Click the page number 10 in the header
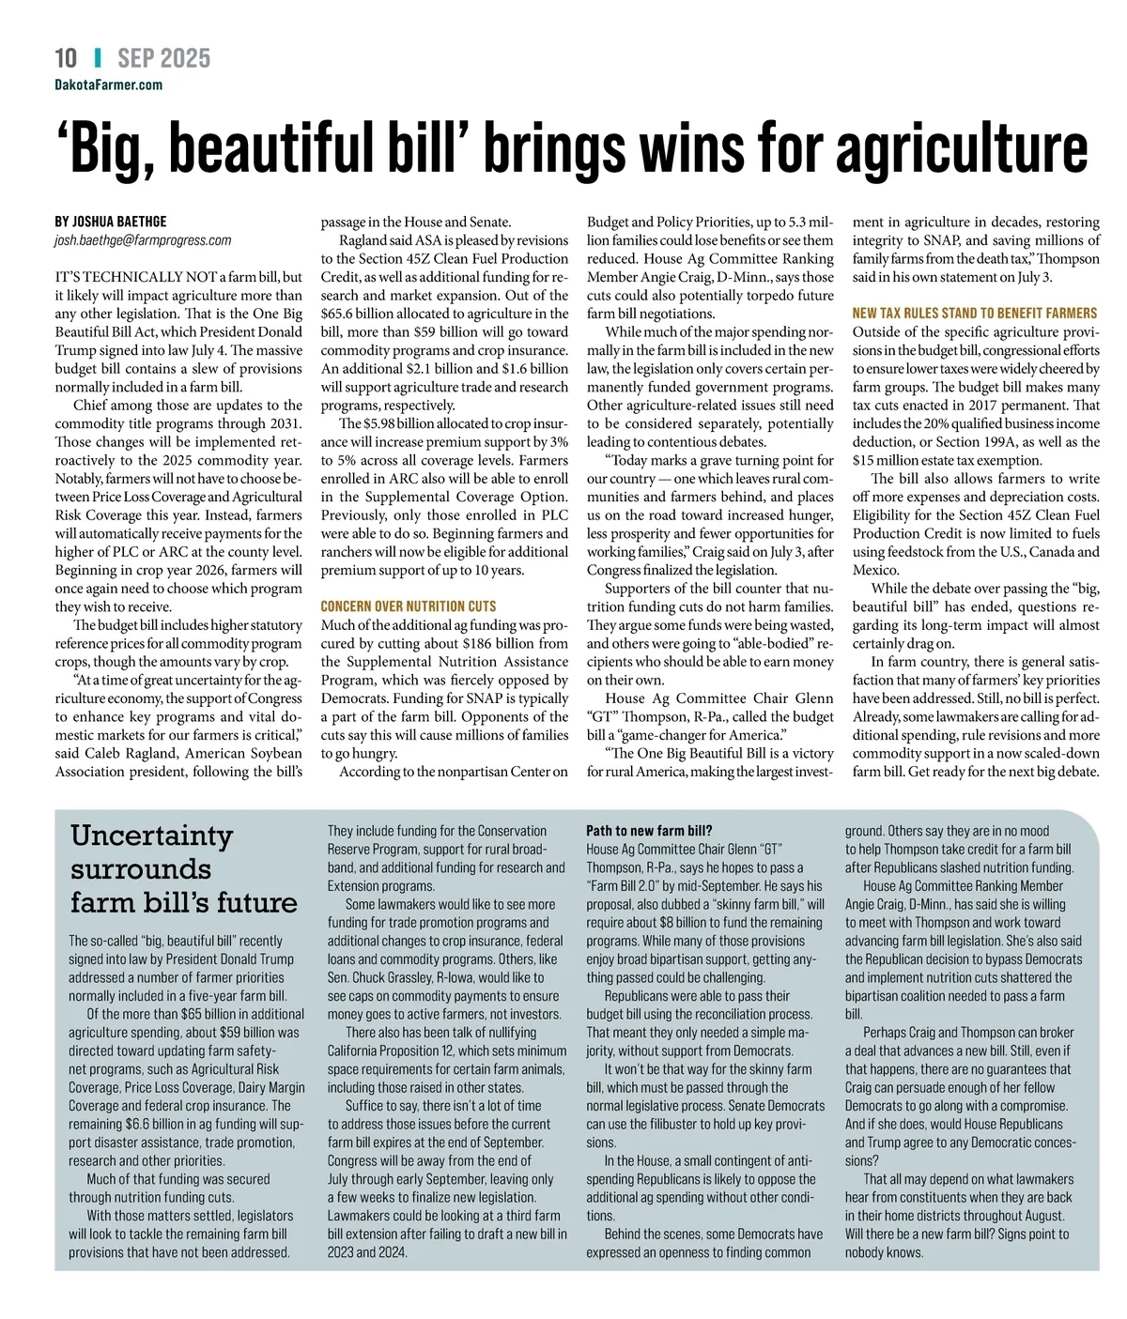tap(66, 58)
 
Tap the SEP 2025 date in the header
tap(164, 58)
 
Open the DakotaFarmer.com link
tap(108, 84)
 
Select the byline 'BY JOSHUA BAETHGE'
tap(111, 222)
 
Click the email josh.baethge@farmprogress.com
tap(143, 240)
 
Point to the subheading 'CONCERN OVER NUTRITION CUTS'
tap(409, 606)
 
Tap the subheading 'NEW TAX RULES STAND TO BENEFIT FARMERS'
tap(975, 314)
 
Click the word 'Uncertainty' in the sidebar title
tap(151, 836)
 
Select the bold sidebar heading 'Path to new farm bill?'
tap(649, 831)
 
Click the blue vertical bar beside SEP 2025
tap(98, 58)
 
